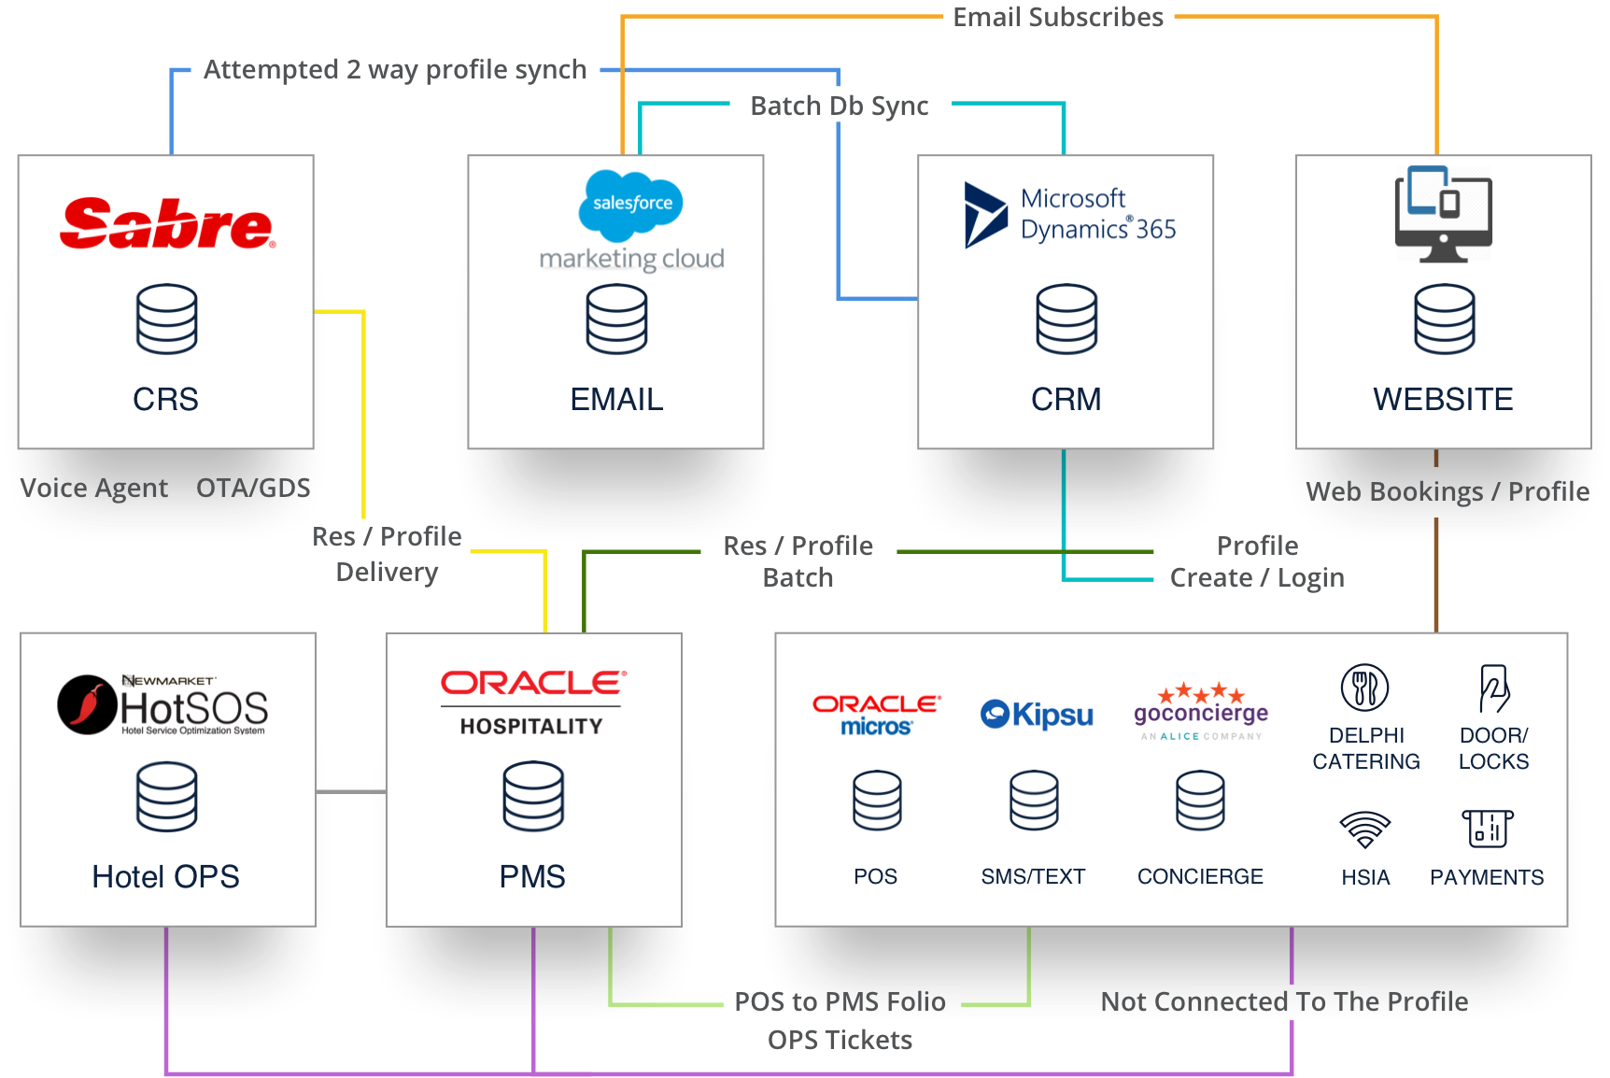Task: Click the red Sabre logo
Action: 167,223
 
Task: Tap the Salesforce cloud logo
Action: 631,202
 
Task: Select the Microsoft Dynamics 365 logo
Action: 1069,214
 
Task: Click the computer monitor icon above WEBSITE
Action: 1443,214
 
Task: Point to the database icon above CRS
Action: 166,319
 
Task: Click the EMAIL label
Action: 616,399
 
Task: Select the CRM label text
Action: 1066,399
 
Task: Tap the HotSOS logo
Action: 163,705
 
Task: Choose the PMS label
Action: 532,876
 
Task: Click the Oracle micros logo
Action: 876,715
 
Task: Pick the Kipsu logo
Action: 1037,715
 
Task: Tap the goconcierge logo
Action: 1201,711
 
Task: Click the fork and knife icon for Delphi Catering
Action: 1364,688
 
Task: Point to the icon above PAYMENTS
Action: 1487,828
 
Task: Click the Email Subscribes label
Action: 1058,18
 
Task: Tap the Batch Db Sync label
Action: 840,106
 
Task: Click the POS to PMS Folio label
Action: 840,1001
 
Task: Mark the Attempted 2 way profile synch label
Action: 395,70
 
